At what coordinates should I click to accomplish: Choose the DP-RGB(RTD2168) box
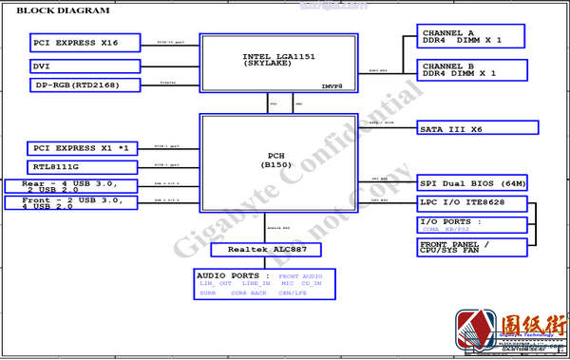coord(85,85)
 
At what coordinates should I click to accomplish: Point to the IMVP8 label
coord(332,85)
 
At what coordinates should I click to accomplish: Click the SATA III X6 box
coord(478,127)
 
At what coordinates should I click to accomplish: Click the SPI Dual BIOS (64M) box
coord(473,183)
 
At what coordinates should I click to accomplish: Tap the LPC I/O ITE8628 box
coord(471,203)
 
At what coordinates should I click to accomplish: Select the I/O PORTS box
coord(472,225)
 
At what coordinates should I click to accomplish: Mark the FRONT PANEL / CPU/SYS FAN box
coord(472,247)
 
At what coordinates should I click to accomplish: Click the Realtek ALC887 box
coord(266,250)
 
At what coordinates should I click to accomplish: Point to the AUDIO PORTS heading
coord(227,275)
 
